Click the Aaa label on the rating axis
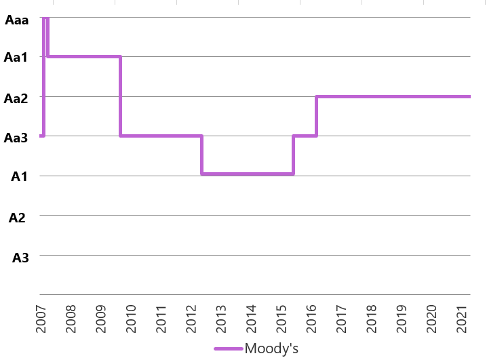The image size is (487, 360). pos(16,20)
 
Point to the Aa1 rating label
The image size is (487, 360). pos(16,58)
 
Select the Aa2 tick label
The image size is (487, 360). pos(16,99)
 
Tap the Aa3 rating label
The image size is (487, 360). pos(16,138)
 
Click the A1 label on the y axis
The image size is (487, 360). pos(19,178)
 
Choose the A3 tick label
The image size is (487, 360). pos(20,258)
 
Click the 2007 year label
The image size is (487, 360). pos(41,317)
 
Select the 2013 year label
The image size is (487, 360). pos(221,317)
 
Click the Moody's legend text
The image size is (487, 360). pos(271,348)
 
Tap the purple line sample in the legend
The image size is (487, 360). pos(229,348)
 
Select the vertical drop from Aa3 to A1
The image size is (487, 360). pos(202,155)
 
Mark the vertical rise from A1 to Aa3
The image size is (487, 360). pos(293,155)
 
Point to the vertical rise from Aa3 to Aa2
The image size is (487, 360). pos(317,117)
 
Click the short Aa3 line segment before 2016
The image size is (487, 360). pos(305,136)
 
